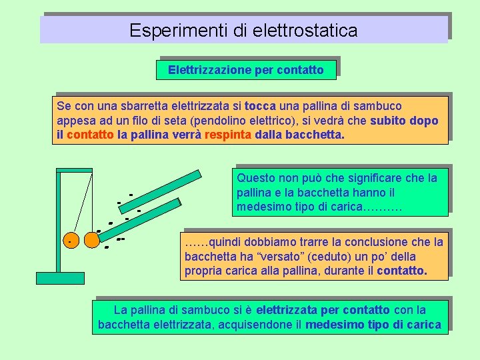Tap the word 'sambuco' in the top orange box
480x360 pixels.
tap(378, 106)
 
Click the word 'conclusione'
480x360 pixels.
tap(368, 242)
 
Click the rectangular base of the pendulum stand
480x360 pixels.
tap(60, 277)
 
